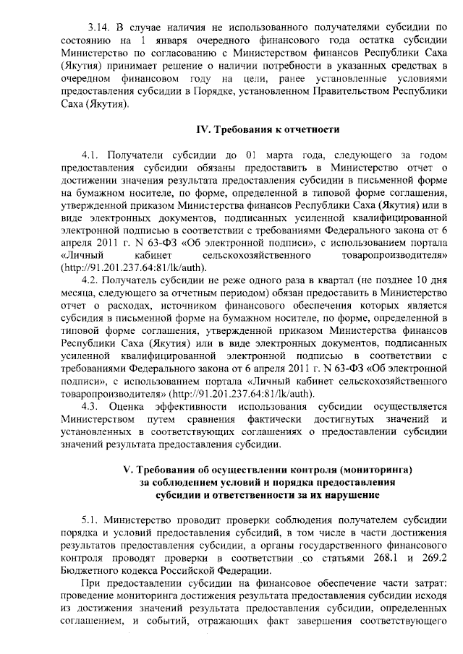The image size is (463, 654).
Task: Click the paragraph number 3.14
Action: pos(98,27)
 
